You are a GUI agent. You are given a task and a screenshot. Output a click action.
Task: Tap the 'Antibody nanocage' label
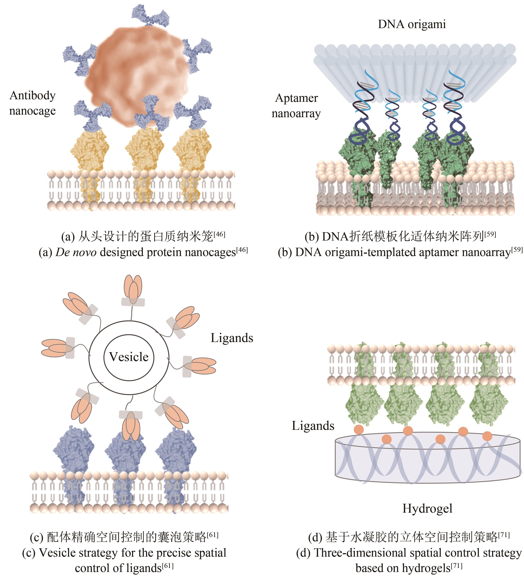33,103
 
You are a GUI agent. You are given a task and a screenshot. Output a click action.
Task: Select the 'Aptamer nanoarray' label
296,106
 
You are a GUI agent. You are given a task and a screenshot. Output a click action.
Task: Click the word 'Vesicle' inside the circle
129,357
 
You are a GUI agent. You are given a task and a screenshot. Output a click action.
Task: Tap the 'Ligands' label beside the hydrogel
313,426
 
